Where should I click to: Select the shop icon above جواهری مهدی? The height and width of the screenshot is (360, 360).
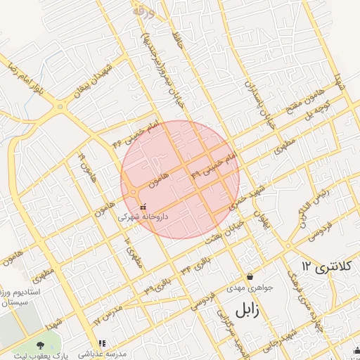click(250, 277)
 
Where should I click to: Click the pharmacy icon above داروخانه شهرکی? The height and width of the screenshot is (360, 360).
click(143, 207)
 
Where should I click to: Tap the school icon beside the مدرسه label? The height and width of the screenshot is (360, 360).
click(102, 344)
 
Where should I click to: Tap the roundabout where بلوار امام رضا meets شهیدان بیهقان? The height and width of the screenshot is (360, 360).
click(61, 107)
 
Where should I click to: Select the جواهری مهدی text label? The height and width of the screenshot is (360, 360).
click(245, 288)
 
